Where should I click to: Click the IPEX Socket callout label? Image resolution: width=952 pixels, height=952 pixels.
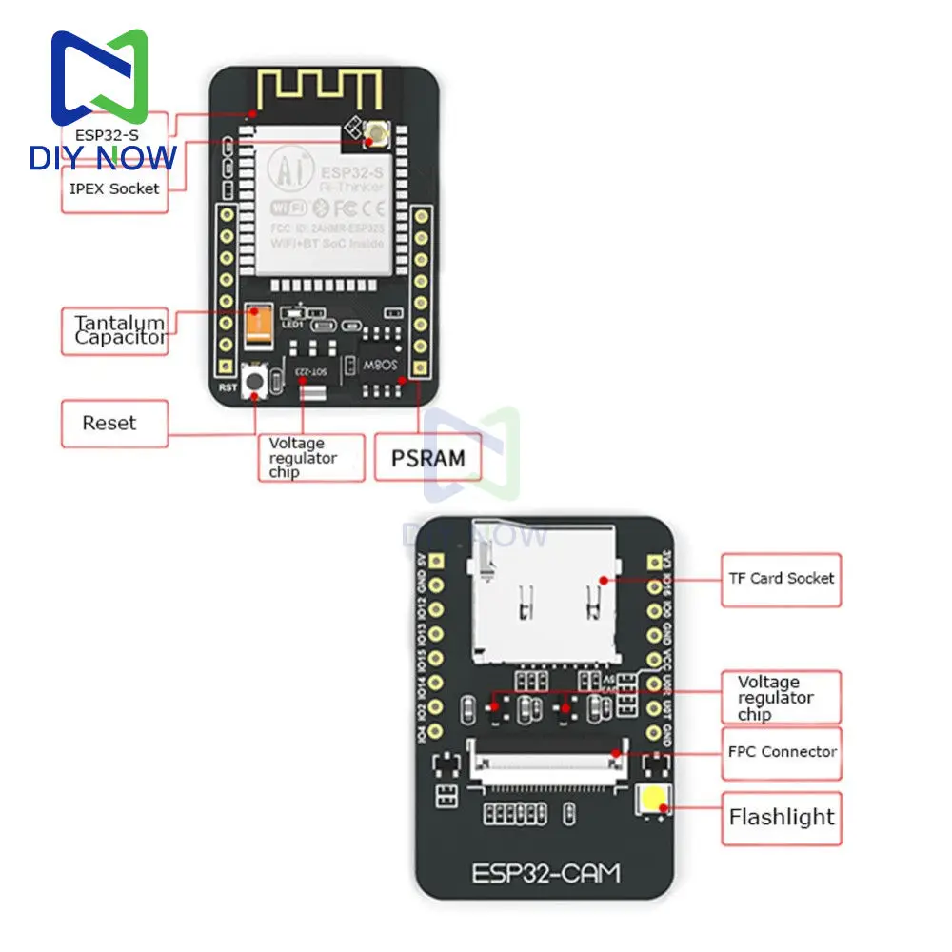(x=114, y=188)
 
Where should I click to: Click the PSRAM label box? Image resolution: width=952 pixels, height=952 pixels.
(x=429, y=458)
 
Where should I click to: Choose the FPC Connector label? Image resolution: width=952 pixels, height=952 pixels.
(x=783, y=751)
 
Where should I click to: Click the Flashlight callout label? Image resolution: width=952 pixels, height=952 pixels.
(x=782, y=817)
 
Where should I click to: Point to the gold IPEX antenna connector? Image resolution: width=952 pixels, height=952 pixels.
(x=367, y=141)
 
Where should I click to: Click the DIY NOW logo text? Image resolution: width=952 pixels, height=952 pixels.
(x=103, y=157)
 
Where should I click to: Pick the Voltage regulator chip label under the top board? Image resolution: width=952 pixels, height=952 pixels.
(x=303, y=458)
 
